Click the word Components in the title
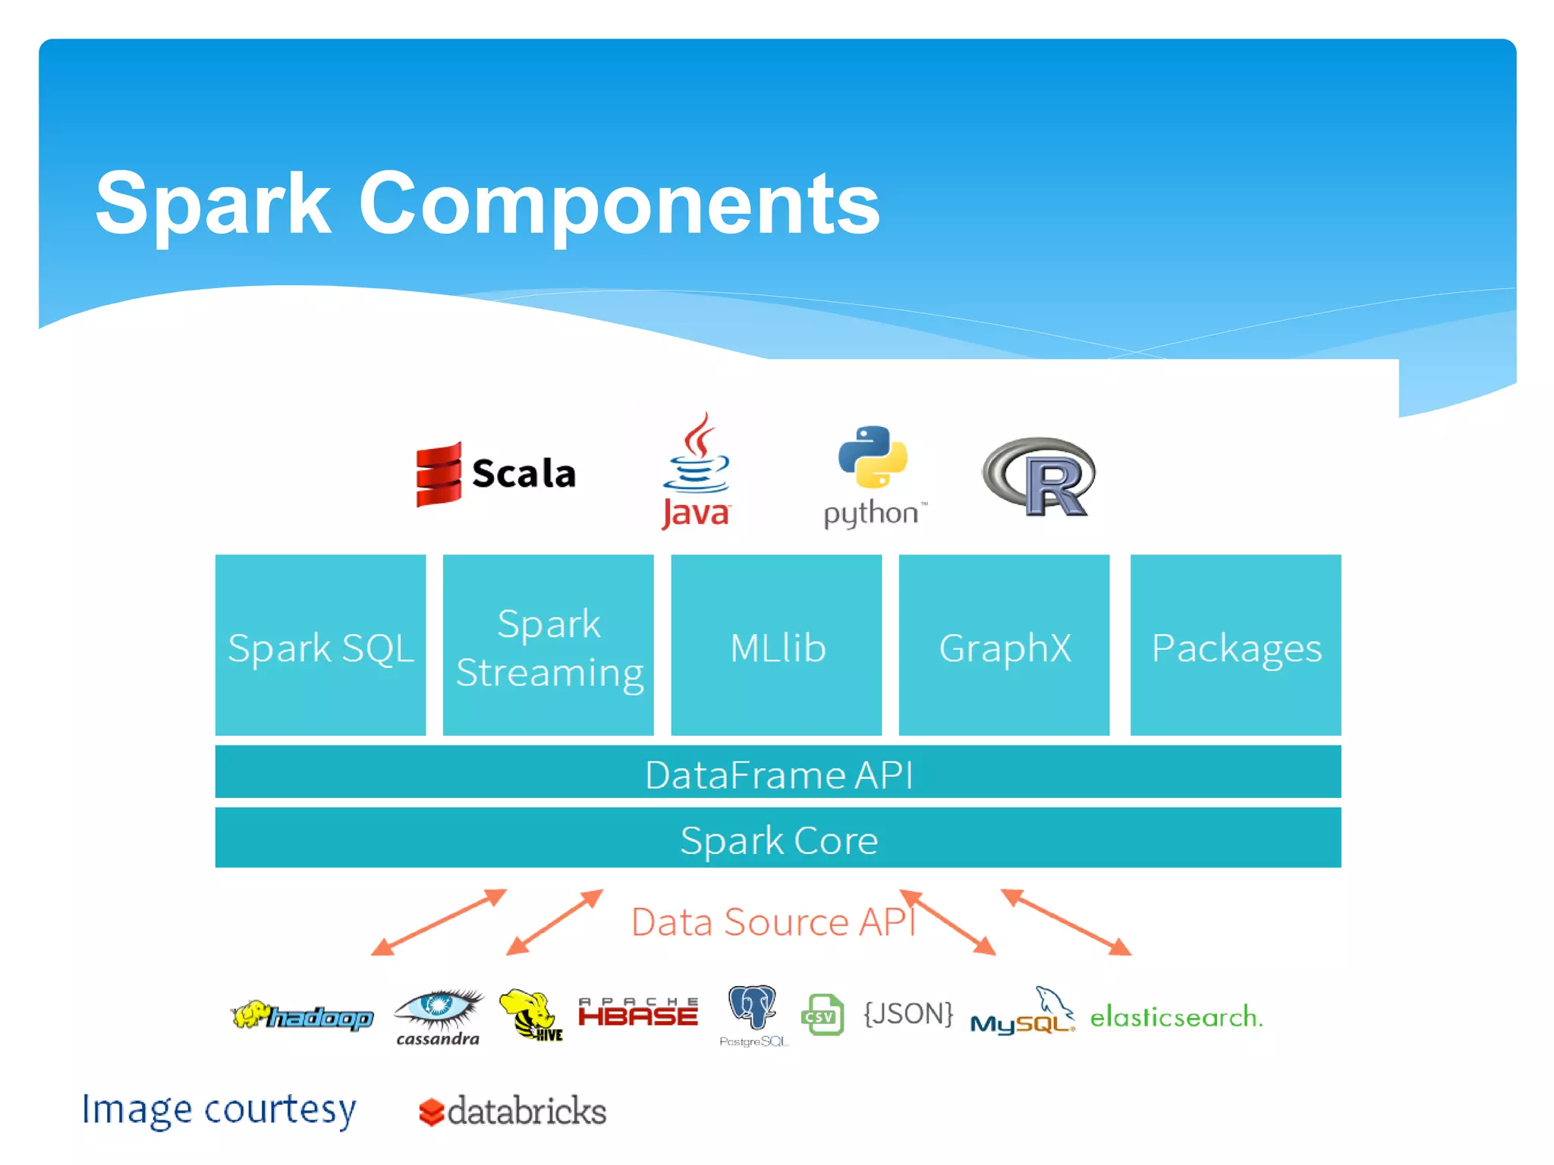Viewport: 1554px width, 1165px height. tap(618, 203)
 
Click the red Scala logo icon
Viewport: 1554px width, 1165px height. tap(439, 473)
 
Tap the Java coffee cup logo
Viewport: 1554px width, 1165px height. tap(697, 455)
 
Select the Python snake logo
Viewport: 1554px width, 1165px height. tap(873, 457)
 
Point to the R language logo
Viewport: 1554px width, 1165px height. tap(1040, 476)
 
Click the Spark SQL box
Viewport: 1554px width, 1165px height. tap(320, 645)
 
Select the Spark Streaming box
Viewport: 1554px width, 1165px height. tap(548, 645)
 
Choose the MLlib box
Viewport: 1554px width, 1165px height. tap(776, 645)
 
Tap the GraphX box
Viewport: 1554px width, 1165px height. tap(1004, 645)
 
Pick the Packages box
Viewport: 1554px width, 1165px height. tap(1235, 645)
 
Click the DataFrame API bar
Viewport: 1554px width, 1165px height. tap(778, 773)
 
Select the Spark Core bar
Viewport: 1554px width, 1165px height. tap(778, 838)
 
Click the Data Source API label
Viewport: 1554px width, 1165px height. tap(772, 922)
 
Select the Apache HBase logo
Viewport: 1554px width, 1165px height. tap(637, 1013)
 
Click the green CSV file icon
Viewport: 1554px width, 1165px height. tap(823, 1015)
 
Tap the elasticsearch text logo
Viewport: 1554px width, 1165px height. tap(1176, 1016)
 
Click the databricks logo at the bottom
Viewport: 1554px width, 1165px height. tap(513, 1111)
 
